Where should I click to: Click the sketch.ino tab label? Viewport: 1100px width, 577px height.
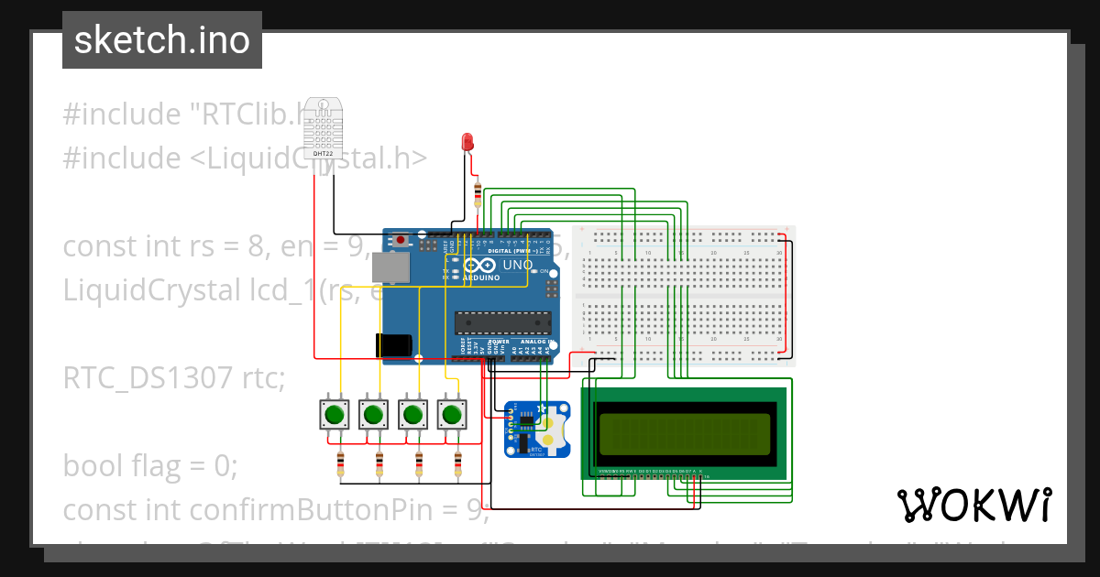161,40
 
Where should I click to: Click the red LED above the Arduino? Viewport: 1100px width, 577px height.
467,142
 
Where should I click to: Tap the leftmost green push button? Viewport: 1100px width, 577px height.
333,415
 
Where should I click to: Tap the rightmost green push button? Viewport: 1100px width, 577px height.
450,415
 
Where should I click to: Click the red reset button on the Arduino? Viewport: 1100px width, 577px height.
401,241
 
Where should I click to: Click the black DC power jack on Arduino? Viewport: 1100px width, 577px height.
391,345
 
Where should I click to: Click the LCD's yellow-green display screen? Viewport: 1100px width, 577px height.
684,433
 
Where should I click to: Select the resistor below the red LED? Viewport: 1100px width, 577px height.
477,192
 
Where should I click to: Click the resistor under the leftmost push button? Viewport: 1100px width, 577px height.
340,464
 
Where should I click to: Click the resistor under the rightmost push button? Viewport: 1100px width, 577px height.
457,464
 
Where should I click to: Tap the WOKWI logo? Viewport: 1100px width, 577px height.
973,505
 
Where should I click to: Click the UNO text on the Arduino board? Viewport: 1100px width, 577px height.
518,265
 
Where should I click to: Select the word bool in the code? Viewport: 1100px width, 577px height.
91,466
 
